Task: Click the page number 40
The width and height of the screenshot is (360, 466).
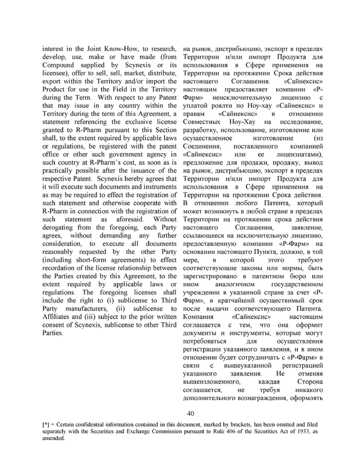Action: click(x=190, y=413)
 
